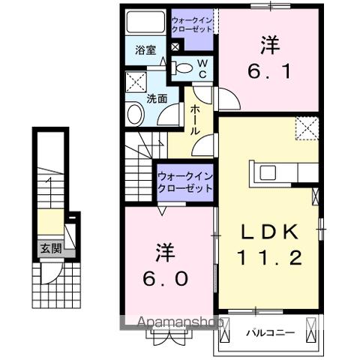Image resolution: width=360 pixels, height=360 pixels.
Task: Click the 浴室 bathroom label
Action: coord(145,51)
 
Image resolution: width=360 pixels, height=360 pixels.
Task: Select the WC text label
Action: coord(202,69)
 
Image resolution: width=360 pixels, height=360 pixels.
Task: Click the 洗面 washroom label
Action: coord(157,98)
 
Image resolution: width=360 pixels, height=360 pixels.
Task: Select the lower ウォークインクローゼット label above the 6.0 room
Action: coord(184,182)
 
